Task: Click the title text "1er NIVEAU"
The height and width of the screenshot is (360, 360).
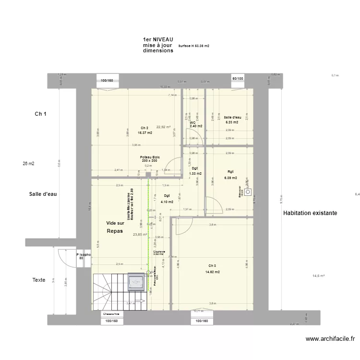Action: point(158,39)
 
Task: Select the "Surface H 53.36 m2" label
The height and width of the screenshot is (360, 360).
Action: point(193,46)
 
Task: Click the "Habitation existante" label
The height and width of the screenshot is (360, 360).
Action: point(310,213)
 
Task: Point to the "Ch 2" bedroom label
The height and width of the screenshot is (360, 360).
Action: point(144,128)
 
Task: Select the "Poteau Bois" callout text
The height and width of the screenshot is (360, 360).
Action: point(150,157)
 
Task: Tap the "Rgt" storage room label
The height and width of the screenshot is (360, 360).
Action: point(230,171)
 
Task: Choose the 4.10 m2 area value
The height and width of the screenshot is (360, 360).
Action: point(167,202)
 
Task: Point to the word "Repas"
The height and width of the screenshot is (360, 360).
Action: point(115,231)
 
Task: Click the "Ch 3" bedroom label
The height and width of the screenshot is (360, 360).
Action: point(212,265)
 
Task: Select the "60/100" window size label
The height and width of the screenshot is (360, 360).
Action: point(238,78)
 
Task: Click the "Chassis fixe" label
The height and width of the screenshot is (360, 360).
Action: point(111,313)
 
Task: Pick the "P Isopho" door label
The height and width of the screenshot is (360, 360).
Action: point(83,255)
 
